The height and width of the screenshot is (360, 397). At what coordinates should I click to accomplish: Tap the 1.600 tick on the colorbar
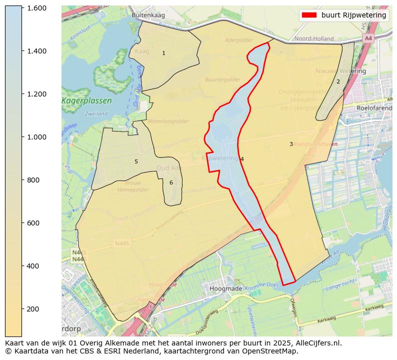(36, 8)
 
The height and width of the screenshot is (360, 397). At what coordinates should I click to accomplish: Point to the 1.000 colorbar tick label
(36, 137)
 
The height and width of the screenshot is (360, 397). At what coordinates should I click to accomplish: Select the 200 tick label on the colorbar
(33, 309)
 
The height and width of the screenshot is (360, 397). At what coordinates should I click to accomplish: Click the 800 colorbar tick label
(33, 180)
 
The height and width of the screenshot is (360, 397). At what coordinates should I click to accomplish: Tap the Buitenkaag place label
(148, 15)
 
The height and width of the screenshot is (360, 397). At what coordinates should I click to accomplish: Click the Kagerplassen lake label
(87, 101)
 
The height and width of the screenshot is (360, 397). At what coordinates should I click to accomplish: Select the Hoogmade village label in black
(226, 288)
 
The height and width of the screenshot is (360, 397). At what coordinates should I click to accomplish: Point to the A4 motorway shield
(368, 38)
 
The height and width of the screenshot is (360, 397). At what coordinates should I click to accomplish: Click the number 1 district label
(163, 53)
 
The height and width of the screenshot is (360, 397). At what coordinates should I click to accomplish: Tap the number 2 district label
(338, 81)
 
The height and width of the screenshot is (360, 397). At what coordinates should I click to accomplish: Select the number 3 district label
(291, 144)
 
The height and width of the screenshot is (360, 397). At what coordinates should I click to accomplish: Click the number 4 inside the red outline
(242, 159)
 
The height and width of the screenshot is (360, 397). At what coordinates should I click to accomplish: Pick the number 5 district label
(136, 161)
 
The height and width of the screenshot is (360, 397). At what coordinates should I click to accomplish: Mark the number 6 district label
(171, 182)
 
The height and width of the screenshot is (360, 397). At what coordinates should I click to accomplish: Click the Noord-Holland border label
(314, 38)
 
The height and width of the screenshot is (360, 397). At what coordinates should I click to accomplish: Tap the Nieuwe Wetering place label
(341, 71)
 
